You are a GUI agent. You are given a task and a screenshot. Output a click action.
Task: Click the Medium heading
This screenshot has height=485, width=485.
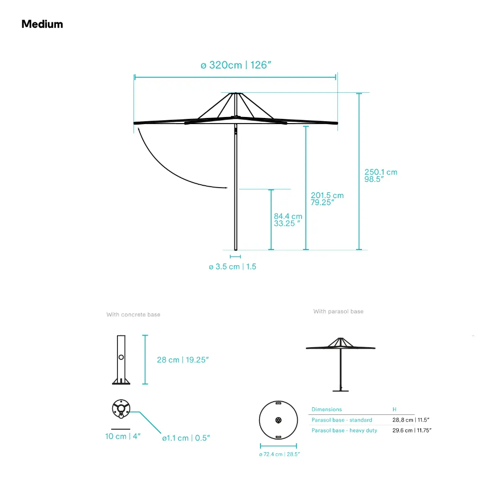pos(42,24)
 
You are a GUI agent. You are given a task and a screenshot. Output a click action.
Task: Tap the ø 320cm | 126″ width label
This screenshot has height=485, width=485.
pos(236,65)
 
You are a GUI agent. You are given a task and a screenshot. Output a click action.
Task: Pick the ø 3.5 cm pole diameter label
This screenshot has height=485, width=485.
pos(232,267)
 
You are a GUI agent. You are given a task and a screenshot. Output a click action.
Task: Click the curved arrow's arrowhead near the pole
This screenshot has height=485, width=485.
pos(226,188)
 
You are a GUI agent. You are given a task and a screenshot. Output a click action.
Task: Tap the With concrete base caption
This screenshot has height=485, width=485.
pos(133,314)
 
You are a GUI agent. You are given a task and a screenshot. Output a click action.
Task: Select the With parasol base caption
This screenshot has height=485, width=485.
pos(338,312)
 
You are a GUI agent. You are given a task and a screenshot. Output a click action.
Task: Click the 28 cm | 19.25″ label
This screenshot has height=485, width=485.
pos(183,360)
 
